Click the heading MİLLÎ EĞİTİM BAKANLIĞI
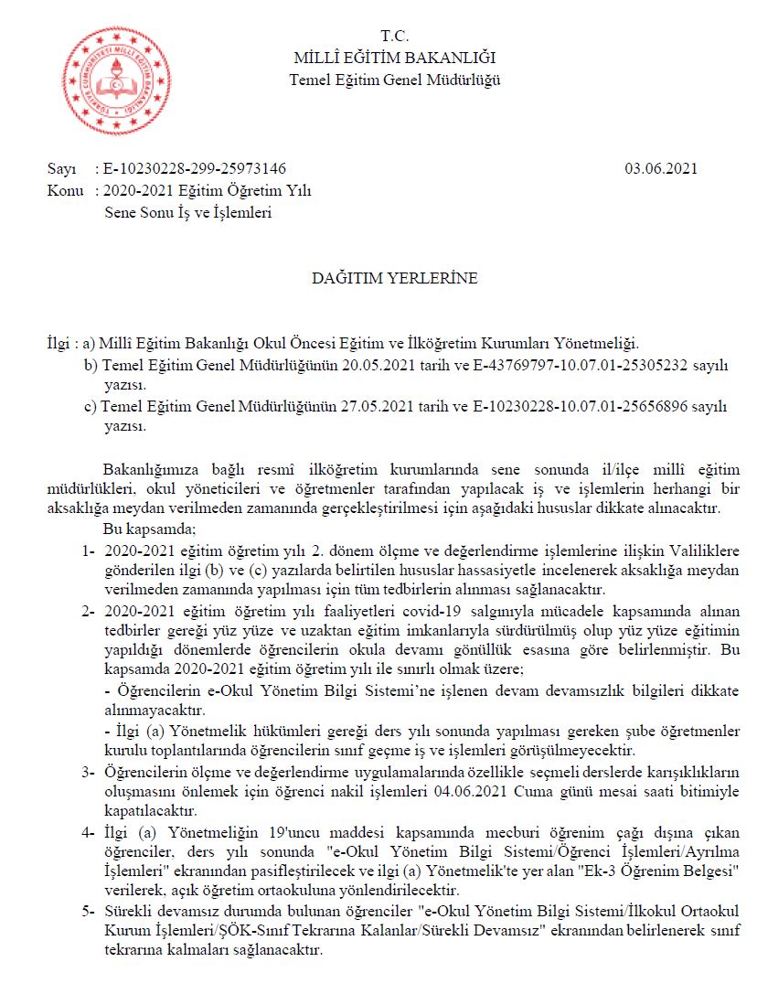395,59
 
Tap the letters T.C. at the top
395,37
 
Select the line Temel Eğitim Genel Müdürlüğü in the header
395,80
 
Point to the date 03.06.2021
661,168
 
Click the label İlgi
61,343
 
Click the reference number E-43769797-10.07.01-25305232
503,365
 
